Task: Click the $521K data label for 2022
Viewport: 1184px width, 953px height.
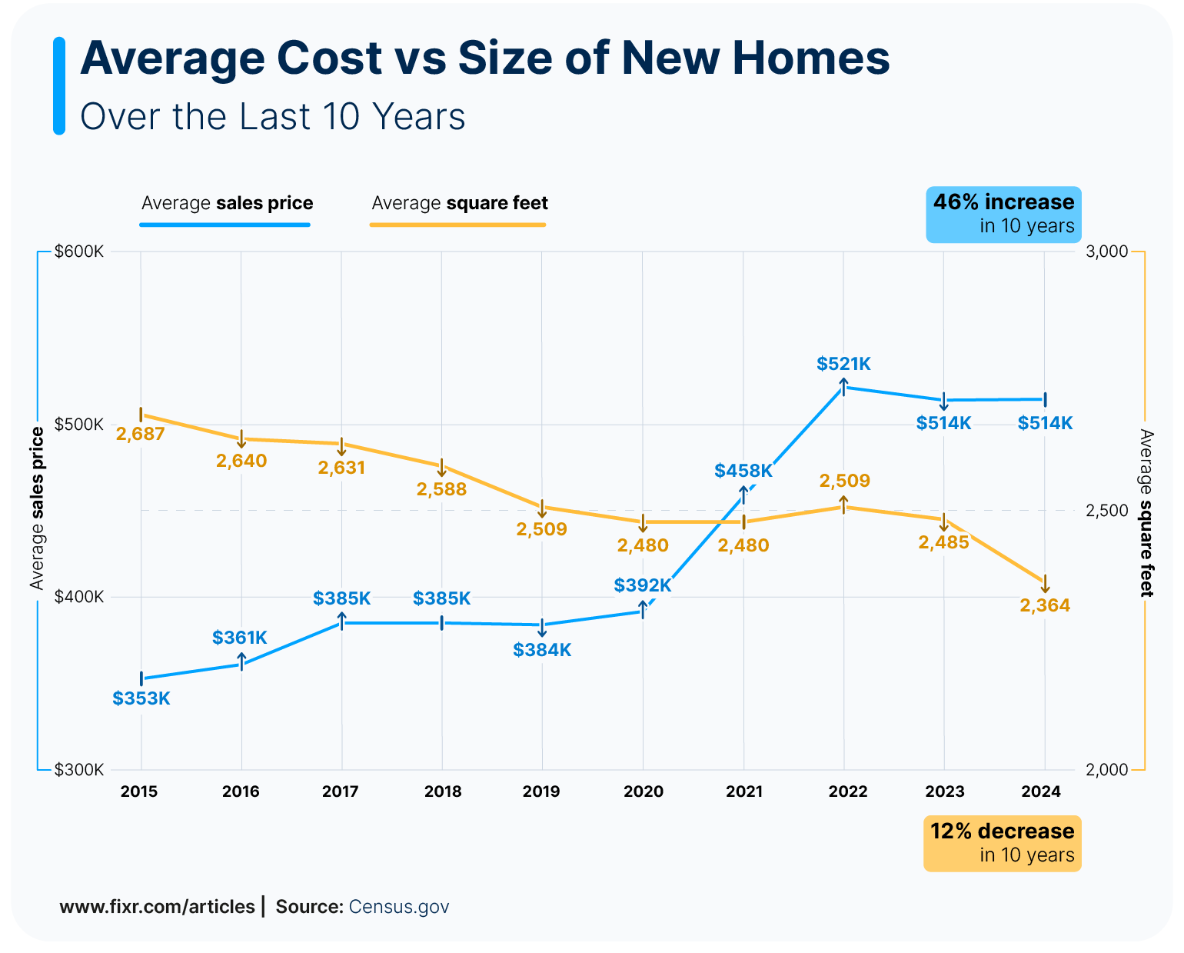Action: tap(843, 364)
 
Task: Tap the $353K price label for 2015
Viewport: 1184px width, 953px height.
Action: tap(141, 698)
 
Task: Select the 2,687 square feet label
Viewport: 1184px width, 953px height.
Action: tap(141, 434)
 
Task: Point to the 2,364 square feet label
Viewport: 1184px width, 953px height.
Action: tap(1045, 605)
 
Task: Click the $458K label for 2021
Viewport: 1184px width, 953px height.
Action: tap(743, 471)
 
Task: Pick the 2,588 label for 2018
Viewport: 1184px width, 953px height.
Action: tap(441, 489)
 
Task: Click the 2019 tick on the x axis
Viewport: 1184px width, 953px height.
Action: tap(541, 791)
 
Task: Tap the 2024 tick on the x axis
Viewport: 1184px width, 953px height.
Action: tap(1042, 791)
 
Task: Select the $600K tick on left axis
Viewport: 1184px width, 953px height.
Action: tap(78, 252)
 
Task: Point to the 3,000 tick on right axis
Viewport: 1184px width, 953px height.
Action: tap(1106, 252)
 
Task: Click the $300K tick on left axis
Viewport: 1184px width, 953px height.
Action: tap(78, 770)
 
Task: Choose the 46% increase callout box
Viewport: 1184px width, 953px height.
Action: tap(1003, 214)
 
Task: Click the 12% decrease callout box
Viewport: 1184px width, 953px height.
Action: tap(1002, 843)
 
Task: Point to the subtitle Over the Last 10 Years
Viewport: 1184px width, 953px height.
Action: tap(273, 117)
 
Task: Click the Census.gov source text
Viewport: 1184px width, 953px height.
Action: tap(399, 906)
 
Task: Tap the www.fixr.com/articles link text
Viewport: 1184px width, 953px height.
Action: tap(157, 906)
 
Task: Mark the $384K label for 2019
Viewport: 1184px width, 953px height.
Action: tap(542, 650)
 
